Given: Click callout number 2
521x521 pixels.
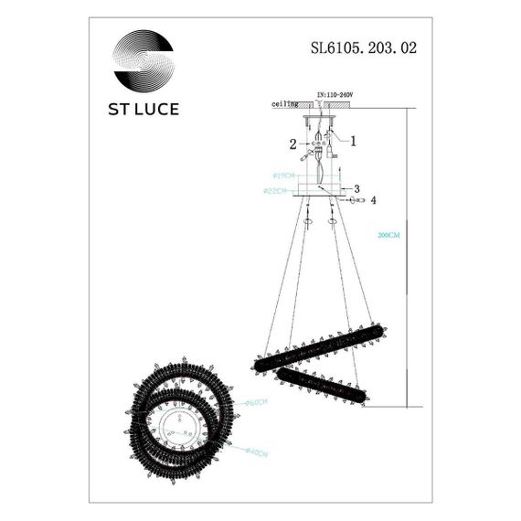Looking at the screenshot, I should (293, 144).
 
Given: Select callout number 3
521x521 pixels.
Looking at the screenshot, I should (356, 189).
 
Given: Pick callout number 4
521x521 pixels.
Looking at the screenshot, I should (373, 199).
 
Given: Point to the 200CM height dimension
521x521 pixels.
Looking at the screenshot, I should (388, 235).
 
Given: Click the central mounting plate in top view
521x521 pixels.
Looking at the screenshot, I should (182, 426).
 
